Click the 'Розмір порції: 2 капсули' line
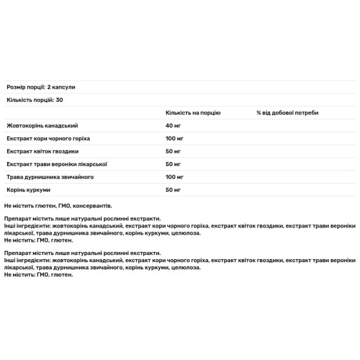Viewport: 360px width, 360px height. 41,88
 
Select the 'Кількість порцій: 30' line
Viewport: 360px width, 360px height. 34,100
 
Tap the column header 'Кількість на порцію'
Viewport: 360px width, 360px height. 193,113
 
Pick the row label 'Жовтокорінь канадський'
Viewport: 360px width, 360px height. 42,126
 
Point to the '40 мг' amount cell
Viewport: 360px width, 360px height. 174,126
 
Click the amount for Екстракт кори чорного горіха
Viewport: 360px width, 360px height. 175,139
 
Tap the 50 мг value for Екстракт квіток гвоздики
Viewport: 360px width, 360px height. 174,151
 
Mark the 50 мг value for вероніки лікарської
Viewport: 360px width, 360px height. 174,164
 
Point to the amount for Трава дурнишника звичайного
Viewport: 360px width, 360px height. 175,177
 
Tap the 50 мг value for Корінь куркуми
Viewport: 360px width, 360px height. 174,190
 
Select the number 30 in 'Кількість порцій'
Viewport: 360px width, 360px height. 59,100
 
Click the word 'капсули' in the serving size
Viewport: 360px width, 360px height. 64,88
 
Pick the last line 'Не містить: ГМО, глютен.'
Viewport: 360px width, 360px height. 38,274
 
